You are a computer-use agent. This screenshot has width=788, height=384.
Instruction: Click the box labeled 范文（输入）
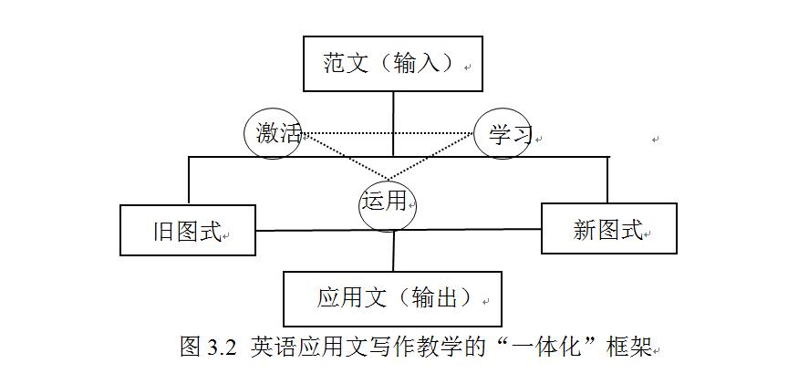coord(392,64)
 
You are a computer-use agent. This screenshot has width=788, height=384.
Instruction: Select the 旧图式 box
coord(188,230)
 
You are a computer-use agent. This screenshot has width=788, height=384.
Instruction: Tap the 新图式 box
coord(608,228)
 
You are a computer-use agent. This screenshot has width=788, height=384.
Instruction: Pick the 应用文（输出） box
coord(392,298)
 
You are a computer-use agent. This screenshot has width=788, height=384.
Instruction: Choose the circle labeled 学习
coord(503,134)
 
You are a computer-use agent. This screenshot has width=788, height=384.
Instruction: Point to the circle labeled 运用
coord(386,202)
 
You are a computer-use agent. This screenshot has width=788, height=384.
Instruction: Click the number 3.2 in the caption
coord(222,347)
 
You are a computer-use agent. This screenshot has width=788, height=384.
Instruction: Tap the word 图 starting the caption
coord(191,347)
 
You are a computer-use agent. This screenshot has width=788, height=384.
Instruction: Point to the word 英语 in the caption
coord(271,347)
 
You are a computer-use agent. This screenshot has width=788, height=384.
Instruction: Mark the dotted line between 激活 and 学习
coord(388,133)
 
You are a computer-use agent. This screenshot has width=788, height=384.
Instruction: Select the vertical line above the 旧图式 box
coord(189,180)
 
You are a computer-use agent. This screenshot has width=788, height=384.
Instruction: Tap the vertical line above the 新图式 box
coord(607,179)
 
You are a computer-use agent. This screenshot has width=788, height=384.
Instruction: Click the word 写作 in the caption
coord(389,347)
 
